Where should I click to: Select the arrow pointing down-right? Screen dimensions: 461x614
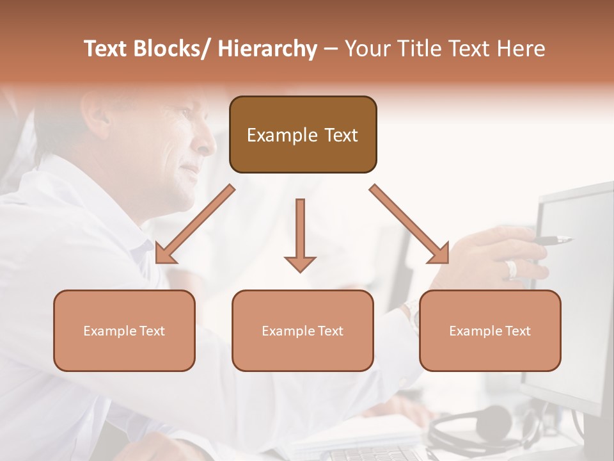tap(410, 225)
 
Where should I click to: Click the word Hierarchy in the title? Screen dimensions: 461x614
tap(267, 49)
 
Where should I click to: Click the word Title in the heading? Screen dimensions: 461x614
tap(421, 49)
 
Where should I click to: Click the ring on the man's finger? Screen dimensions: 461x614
tap(511, 268)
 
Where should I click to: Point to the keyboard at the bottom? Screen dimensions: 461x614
tap(371, 453)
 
